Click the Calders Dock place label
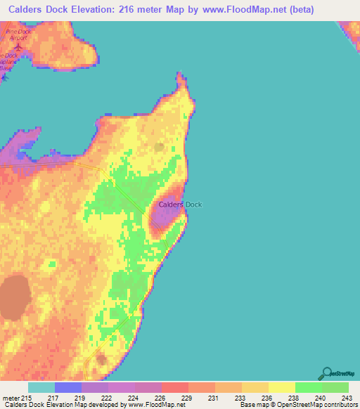point(180,204)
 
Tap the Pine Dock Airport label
point(17,35)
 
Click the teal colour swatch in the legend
point(41,387)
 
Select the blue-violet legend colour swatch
point(68,387)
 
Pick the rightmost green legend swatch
point(335,387)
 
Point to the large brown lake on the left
point(14,297)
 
